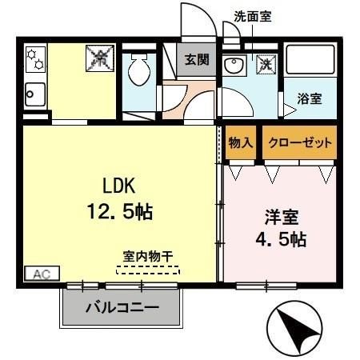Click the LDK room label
click(120, 185)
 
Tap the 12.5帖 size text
click(121, 212)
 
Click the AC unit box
click(40, 274)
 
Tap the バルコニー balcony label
click(122, 307)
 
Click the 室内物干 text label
click(148, 256)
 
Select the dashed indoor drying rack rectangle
click(148, 270)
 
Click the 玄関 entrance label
click(196, 60)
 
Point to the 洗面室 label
click(253, 16)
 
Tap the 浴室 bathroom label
click(309, 99)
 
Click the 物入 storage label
click(240, 142)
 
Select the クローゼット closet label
click(299, 142)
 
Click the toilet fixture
click(141, 70)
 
